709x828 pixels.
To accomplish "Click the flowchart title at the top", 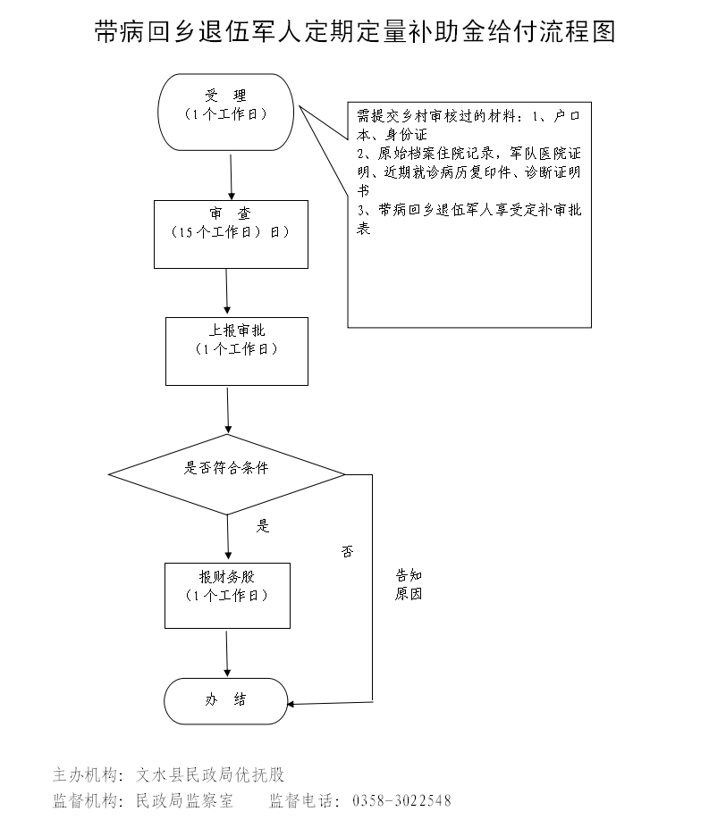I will [x=354, y=33].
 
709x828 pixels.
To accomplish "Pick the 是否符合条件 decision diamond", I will [x=226, y=473].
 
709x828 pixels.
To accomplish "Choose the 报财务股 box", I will [x=227, y=594].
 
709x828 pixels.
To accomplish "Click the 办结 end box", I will [x=225, y=700].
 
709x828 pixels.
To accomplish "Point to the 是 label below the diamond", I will [x=263, y=526].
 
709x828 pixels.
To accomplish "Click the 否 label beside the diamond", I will [x=347, y=551].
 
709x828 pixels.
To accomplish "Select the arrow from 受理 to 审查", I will [x=232, y=175].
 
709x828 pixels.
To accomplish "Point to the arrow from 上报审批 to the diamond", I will [x=229, y=409].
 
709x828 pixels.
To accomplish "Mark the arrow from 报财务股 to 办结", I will [x=227, y=652].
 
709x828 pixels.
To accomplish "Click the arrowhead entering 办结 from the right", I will [x=295, y=704].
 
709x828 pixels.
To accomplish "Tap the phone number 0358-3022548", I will [x=402, y=800].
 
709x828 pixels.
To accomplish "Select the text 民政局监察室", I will [x=183, y=800].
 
